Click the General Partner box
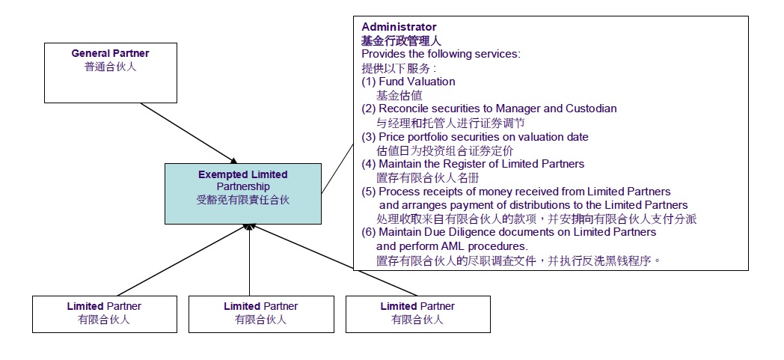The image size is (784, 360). tap(111, 73)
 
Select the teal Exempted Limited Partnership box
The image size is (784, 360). tap(243, 194)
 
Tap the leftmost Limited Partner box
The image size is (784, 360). tap(104, 314)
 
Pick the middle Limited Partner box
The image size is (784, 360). tap(260, 314)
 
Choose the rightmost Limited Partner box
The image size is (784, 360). tap(417, 314)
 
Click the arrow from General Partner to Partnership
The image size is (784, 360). tap(189, 132)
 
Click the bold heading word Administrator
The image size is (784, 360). tap(399, 27)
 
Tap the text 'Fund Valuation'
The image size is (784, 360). tap(417, 82)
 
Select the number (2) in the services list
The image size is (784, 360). tap(369, 109)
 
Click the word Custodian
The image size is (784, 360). tap(591, 109)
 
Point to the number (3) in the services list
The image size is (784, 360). tap(369, 137)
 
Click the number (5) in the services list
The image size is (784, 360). tap(369, 192)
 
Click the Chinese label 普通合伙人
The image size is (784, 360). tap(111, 66)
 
